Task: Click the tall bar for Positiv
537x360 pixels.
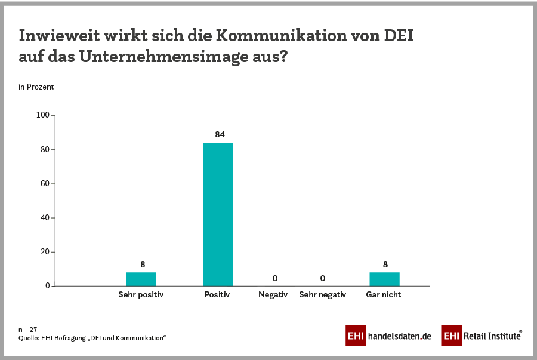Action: tap(218, 214)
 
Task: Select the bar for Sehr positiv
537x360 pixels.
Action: tap(141, 279)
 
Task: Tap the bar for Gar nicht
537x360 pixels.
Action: tap(384, 279)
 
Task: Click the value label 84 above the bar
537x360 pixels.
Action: tap(220, 134)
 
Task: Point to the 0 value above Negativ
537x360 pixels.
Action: tap(274, 278)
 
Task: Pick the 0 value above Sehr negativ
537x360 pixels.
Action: tap(322, 278)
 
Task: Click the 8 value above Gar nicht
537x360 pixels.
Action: tap(384, 264)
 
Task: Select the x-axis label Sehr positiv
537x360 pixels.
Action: tap(141, 294)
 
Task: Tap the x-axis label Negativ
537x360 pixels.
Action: tap(273, 294)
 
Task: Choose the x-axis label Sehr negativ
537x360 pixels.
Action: tap(322, 294)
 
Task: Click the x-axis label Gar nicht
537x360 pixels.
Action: tap(383, 294)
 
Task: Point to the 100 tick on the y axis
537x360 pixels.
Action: tap(42, 115)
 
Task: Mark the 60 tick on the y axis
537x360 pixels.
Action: tap(44, 183)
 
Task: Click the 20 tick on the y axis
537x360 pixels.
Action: tap(44, 252)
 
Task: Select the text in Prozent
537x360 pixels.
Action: tap(36, 87)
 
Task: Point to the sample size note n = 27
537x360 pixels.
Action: tap(28, 329)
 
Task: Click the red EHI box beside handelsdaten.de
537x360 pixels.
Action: tap(356, 336)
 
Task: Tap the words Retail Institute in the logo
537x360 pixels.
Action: tap(492, 336)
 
